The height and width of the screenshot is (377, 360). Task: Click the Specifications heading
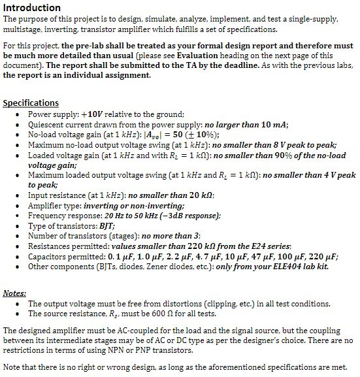click(31, 103)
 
